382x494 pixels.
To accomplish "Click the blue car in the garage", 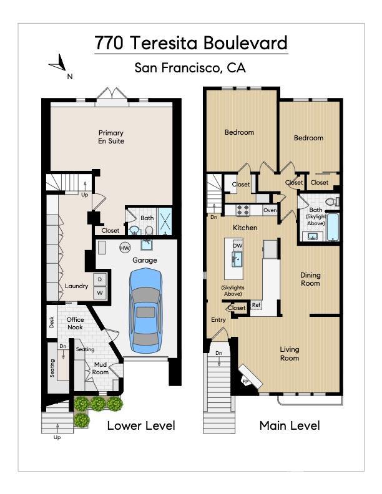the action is point(145,311).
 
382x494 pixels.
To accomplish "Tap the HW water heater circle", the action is point(125,248).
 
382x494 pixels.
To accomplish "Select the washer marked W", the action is point(100,293).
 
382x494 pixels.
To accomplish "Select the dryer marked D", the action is point(100,279).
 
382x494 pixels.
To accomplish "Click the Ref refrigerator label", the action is point(256,304).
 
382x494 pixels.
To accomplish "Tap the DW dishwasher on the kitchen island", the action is point(238,245).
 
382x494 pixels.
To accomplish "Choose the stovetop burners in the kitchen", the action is point(243,210).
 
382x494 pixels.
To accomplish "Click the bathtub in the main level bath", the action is point(333,227).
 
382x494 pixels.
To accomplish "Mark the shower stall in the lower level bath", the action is point(164,221).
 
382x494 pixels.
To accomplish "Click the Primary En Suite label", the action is point(111,137).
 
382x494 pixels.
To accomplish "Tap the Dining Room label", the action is point(310,279).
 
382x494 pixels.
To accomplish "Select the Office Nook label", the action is point(75,323).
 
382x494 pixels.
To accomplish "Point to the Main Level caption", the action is point(290,425).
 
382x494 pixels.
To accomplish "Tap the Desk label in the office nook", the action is point(52,322).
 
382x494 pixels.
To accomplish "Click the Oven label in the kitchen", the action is point(270,210).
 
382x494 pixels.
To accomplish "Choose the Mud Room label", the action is point(100,368).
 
